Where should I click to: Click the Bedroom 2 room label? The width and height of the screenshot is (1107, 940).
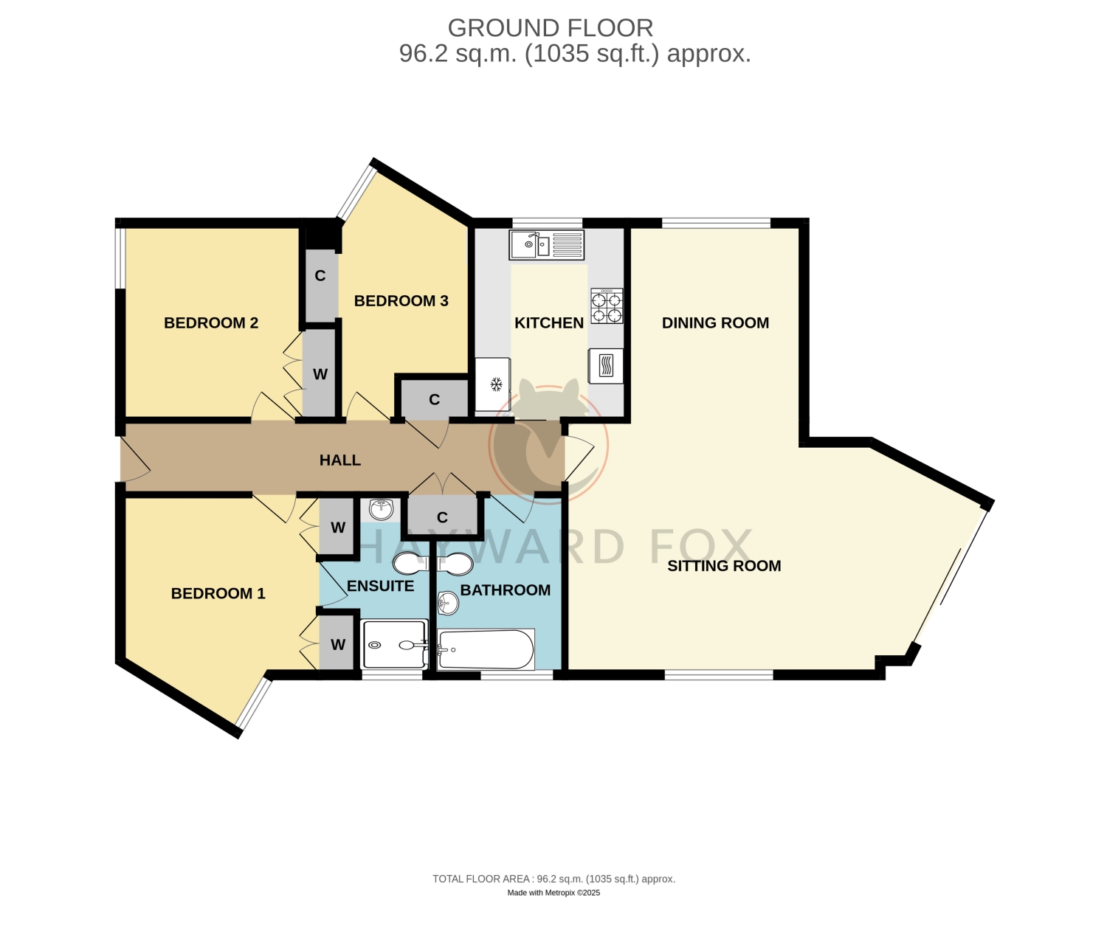coord(211,322)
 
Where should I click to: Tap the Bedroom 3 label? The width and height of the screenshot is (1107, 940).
coord(401,301)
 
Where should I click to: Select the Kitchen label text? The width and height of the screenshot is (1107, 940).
coord(549,322)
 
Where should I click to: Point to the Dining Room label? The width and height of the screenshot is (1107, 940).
coord(716,322)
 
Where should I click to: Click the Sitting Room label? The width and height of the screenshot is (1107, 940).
coord(724,566)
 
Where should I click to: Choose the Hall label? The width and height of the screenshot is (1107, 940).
coord(340,460)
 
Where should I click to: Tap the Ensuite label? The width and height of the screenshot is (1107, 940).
coord(380,586)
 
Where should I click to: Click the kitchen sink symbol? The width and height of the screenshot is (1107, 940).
coord(546,245)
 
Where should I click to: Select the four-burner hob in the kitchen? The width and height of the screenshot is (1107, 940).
coord(607,306)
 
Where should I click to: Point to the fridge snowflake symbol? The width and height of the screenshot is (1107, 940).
coord(497,384)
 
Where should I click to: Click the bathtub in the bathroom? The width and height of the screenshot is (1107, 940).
coord(486,649)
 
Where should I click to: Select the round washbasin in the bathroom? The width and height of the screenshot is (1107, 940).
coord(448,604)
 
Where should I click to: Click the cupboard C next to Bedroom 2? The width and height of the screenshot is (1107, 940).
coord(320,276)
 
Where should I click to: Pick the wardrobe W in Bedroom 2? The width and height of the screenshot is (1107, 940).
coord(320,374)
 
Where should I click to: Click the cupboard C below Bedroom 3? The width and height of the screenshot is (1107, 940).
coord(435,399)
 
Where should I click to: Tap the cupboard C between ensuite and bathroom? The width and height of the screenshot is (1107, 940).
coord(442,518)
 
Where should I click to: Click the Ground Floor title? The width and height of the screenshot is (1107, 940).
coord(551,28)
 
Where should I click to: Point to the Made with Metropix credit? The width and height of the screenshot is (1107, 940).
coord(553,892)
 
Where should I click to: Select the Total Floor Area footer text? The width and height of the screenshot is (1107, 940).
coord(553,879)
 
